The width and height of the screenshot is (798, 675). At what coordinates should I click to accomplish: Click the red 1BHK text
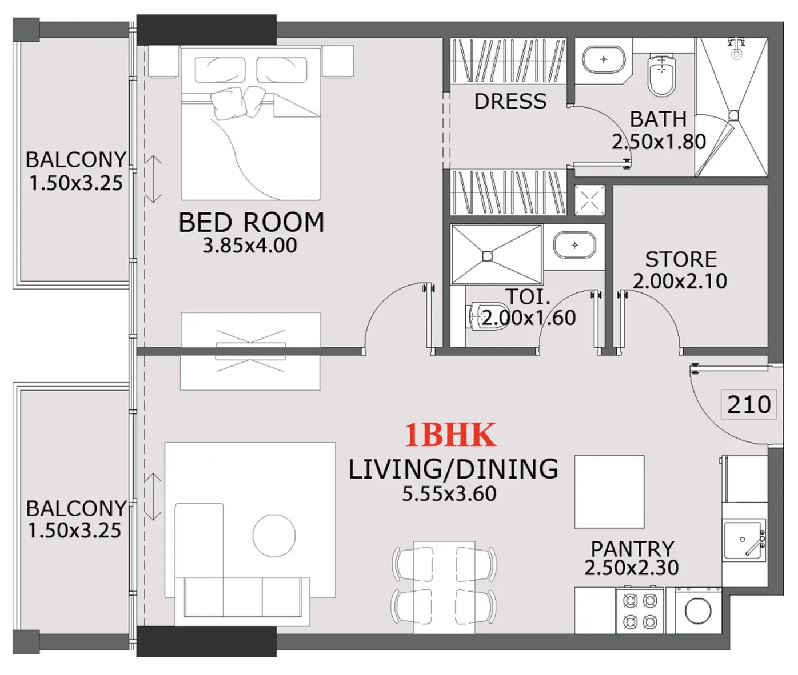(450, 435)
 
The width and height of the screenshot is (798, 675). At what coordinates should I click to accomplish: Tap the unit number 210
(749, 405)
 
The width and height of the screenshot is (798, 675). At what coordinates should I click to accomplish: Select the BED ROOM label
(251, 222)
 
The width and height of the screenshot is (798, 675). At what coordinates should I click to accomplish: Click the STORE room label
(680, 259)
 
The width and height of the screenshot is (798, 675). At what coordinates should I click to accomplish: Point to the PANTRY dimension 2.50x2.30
(631, 568)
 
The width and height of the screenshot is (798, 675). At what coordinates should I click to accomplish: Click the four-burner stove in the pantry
(640, 611)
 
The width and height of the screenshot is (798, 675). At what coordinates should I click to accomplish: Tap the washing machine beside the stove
(697, 612)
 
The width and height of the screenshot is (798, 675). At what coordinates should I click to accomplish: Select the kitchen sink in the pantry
(743, 540)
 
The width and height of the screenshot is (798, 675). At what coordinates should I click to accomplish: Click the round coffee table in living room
(274, 535)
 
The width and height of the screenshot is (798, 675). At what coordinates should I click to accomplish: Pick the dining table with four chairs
(444, 587)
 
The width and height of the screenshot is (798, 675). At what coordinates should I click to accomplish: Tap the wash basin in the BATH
(603, 59)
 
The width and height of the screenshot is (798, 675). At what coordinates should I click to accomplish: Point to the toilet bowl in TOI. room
(479, 316)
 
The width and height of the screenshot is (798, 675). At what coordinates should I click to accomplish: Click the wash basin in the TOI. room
(574, 245)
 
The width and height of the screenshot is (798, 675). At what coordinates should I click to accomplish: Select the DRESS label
(510, 102)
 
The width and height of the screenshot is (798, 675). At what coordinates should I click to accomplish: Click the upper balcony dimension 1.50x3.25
(76, 183)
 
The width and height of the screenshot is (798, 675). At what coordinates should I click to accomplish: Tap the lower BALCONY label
(76, 508)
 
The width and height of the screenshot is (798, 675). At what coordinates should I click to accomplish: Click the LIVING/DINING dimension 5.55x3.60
(449, 494)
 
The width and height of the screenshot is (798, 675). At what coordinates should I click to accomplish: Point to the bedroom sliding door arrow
(153, 179)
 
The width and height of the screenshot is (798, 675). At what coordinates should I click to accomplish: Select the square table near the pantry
(609, 492)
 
